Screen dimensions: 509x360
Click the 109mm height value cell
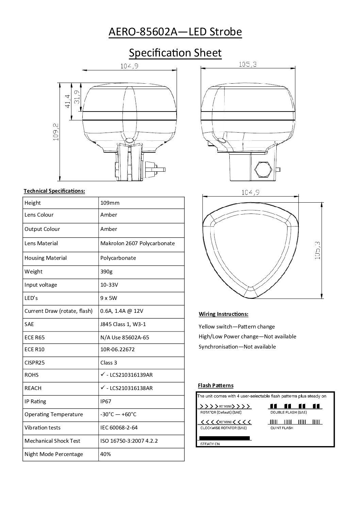(x=110, y=203)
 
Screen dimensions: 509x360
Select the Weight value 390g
(x=107, y=272)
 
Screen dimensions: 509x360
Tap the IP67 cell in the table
(x=106, y=402)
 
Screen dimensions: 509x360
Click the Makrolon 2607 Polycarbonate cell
(x=137, y=243)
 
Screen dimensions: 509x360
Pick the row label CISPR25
(x=34, y=363)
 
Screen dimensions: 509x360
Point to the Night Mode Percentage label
(x=54, y=454)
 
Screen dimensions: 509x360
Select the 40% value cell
(x=105, y=454)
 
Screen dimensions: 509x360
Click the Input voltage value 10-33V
(x=109, y=285)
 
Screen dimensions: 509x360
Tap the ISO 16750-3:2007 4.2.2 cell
(x=129, y=441)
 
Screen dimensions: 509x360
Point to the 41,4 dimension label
(x=67, y=101)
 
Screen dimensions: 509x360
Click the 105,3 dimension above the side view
(x=247, y=64)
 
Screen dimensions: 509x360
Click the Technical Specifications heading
(x=54, y=191)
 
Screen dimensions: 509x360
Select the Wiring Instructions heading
(x=223, y=314)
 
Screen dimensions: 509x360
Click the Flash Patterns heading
(x=216, y=386)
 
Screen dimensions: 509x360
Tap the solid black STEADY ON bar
(x=224, y=438)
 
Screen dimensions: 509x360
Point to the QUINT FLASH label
(x=282, y=428)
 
